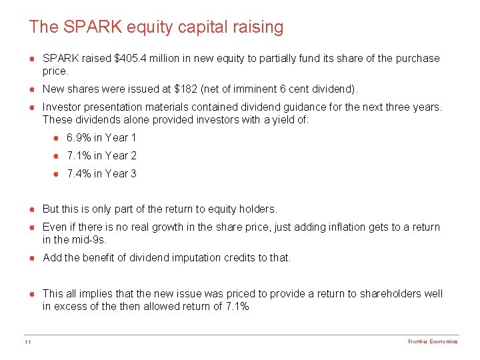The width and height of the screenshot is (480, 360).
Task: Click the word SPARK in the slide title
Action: click(85, 27)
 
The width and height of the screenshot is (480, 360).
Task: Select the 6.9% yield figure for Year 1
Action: click(77, 138)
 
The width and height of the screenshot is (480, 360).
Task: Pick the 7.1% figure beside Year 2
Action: click(77, 155)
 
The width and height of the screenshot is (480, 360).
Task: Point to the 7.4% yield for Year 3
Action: click(77, 173)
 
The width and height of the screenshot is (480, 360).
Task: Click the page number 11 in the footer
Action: click(26, 342)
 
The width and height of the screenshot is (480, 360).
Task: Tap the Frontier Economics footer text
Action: click(433, 342)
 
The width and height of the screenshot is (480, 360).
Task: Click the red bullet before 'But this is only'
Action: click(32, 209)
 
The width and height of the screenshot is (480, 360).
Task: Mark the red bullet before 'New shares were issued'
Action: click(32, 89)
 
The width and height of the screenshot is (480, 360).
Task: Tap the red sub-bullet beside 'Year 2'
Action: click(57, 156)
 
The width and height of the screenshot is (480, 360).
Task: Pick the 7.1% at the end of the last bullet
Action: click(238, 306)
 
